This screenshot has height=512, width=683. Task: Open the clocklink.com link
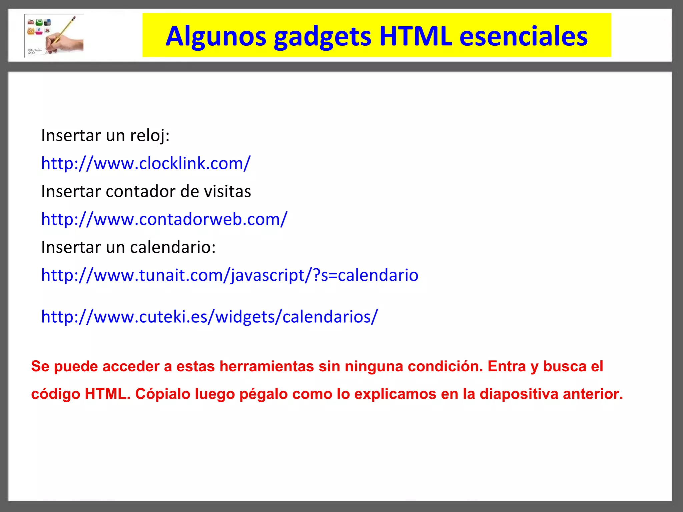(x=146, y=163)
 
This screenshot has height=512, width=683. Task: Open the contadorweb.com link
(x=164, y=219)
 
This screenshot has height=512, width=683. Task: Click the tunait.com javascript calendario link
(x=230, y=275)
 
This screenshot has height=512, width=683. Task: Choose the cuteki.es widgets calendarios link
(x=209, y=316)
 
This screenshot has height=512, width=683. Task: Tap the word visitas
(x=227, y=192)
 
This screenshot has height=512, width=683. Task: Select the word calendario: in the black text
(x=173, y=247)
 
